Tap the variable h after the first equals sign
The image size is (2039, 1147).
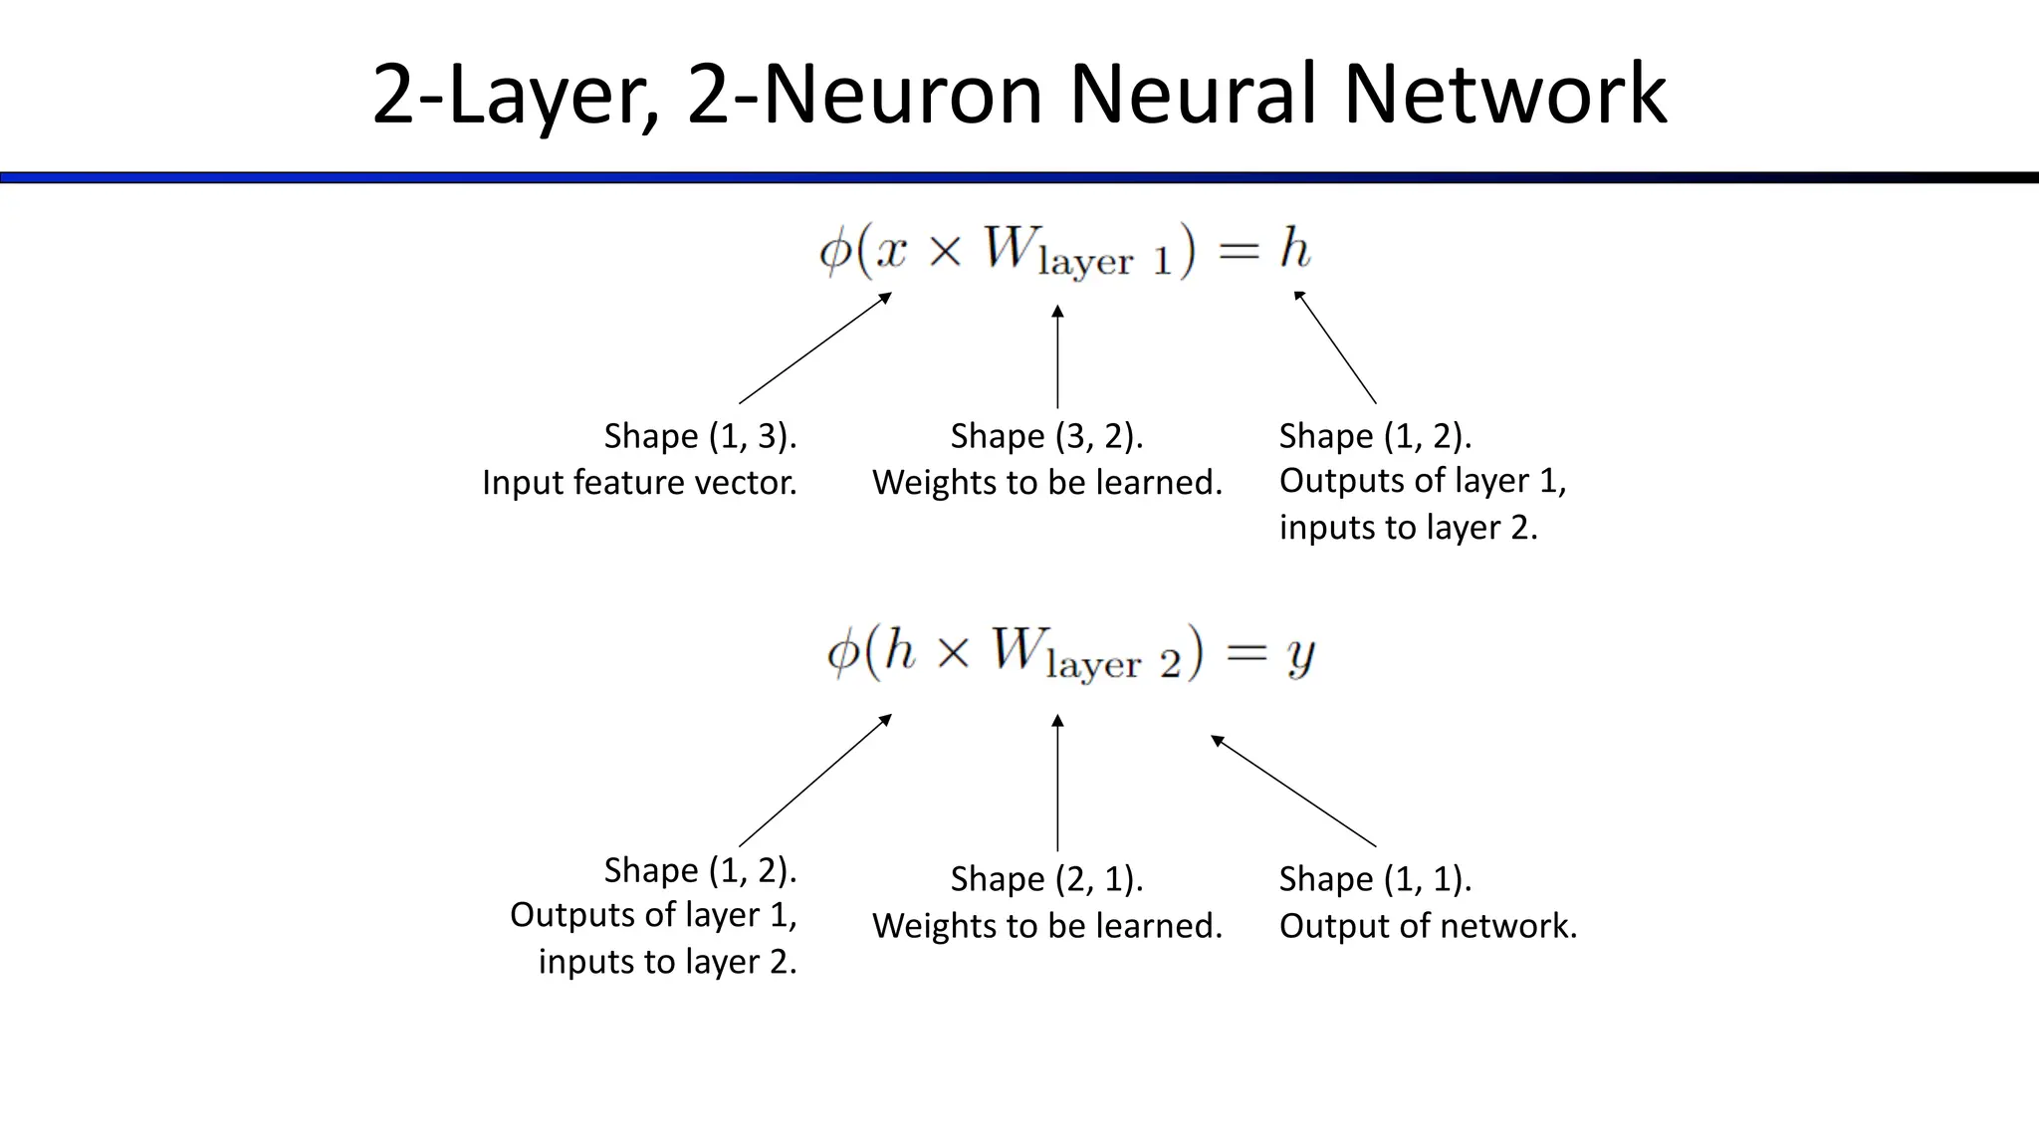coord(1294,248)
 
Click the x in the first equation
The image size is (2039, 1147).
coord(891,251)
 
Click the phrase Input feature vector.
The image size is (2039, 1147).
coord(639,483)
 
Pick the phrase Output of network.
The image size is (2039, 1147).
coord(1428,926)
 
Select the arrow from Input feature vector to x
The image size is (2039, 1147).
coord(814,347)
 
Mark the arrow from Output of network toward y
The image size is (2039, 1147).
coord(1293,791)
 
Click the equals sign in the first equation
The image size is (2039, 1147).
coord(1239,251)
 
